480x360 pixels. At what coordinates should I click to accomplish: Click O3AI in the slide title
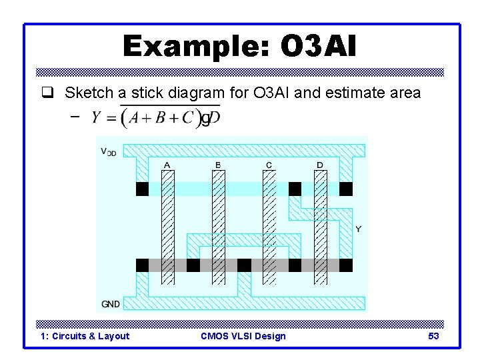319,47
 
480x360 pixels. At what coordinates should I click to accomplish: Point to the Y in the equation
96,118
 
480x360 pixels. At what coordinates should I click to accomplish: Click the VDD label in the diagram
109,152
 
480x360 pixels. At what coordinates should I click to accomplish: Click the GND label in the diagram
111,304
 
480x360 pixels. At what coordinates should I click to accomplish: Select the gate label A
166,165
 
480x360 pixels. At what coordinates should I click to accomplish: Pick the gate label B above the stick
218,165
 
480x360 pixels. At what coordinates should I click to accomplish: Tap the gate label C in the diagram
269,165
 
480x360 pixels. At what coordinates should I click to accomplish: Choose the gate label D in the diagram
320,165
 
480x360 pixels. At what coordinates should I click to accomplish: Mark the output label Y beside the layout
359,229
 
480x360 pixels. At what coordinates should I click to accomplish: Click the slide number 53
433,336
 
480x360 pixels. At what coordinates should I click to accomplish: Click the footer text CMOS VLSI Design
243,336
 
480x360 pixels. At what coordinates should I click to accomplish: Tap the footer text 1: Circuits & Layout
85,336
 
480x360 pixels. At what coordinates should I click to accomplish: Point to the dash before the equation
75,116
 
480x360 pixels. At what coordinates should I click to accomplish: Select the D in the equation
215,118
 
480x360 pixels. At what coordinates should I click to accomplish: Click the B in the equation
161,118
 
